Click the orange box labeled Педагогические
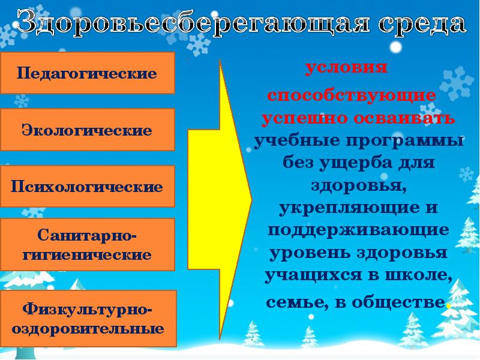[x=87, y=73]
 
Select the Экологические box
[x=87, y=130]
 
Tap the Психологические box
[x=87, y=186]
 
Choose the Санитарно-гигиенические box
[x=87, y=244]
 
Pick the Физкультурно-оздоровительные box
[x=88, y=319]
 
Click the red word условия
[x=346, y=67]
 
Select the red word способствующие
[x=352, y=96]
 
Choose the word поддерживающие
[x=358, y=230]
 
